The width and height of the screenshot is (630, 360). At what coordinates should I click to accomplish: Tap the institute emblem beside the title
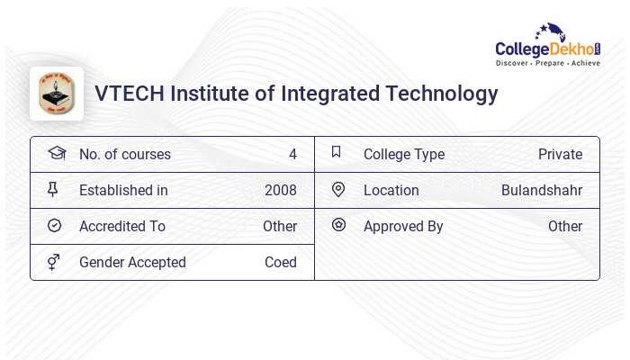coord(57,94)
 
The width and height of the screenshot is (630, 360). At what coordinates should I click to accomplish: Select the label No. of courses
coord(124,154)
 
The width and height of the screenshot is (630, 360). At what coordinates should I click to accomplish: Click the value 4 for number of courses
coord(292,154)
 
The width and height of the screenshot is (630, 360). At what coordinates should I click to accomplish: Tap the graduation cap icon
coord(56,153)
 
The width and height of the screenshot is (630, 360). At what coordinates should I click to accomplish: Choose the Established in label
coord(123,190)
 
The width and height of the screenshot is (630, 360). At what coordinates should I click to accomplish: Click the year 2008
coord(280,190)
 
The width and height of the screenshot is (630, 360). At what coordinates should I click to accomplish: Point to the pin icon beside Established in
coord(55,190)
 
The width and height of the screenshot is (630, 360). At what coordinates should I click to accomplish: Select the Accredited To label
coord(122,226)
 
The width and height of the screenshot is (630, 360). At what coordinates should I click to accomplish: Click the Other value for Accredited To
coord(279,226)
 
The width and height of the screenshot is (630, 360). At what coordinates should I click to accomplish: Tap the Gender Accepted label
coord(132,262)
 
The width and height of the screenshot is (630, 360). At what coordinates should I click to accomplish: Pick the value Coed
coord(280,262)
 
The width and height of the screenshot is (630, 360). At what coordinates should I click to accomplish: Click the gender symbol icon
coord(55,262)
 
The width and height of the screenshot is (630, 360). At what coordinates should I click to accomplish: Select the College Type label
coord(404,154)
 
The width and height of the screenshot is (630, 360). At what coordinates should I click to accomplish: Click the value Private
coord(560,154)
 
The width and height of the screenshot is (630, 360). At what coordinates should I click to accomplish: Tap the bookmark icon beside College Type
coord(337,153)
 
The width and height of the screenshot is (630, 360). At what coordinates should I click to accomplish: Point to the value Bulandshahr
coord(542,190)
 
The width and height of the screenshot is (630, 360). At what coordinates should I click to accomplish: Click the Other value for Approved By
coord(565,226)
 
